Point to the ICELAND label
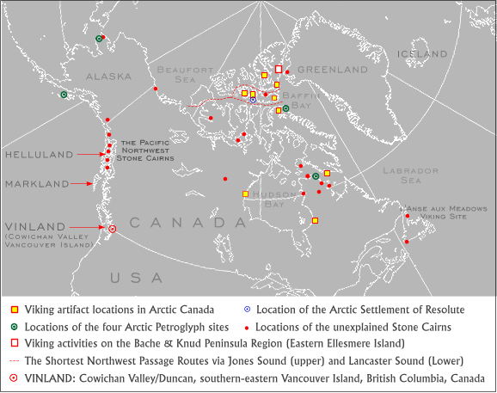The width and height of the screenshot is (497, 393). click(422, 54)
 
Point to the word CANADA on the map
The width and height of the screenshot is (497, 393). click(182, 223)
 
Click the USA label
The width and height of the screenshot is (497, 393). click(135, 278)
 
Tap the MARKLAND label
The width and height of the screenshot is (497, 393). click(36, 183)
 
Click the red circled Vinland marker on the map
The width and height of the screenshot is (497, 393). click(112, 229)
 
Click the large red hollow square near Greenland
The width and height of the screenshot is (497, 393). click(278, 69)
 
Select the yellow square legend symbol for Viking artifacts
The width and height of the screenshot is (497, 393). click(14, 310)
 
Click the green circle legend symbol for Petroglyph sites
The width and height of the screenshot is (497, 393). click(14, 327)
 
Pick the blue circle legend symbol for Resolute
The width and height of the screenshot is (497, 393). click(248, 310)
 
